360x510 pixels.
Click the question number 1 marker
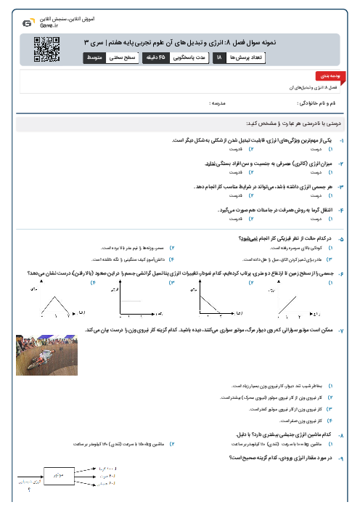[342, 139]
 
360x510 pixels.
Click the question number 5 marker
[342, 238]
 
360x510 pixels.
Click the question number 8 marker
[342, 434]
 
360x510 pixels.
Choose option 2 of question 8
[171, 442]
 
